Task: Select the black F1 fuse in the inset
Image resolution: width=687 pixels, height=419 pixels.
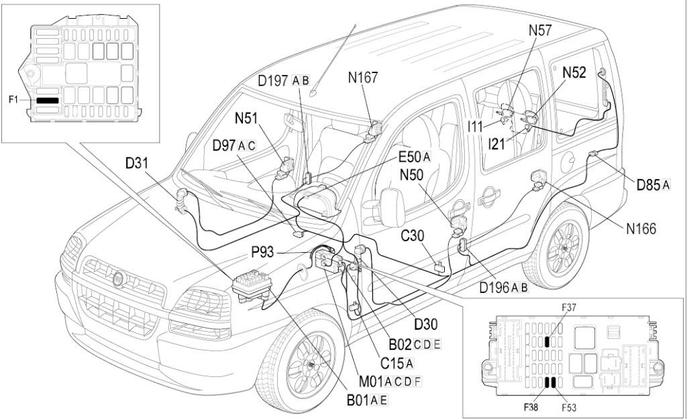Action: pos(48,100)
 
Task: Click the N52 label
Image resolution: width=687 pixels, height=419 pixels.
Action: pos(575,73)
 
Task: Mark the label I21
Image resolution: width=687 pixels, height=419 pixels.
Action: pos(498,143)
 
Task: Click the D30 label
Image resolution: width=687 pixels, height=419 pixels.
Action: pos(426,325)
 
